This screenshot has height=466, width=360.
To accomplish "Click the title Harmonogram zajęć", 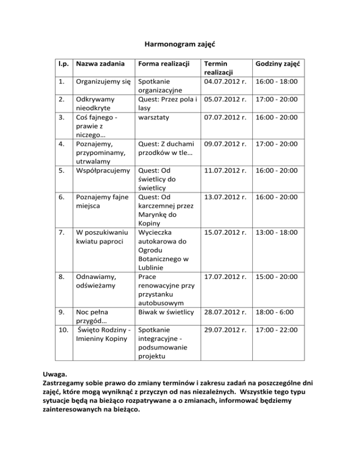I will coord(180,45).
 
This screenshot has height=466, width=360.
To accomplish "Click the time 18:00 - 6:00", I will coord(277,312).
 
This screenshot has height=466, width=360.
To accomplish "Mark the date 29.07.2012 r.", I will coord(223,331).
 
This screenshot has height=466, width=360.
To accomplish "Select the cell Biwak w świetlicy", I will coord(164,312).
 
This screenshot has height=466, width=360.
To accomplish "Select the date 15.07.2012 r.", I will coord(223,233).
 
